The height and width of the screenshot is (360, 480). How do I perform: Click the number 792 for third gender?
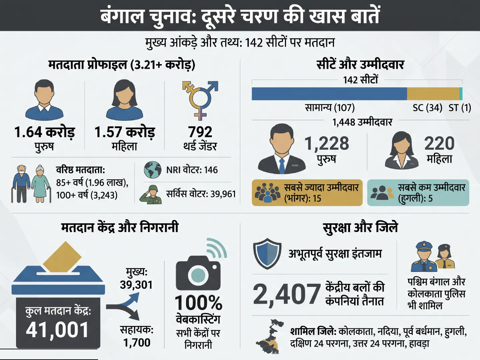click(x=200, y=132)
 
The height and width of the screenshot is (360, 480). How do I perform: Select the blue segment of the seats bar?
click(x=329, y=94)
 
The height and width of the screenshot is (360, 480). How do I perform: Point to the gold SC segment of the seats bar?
click(x=433, y=94)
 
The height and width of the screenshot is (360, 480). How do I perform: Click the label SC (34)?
click(x=427, y=108)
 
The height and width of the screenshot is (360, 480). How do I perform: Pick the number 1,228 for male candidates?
click(x=327, y=144)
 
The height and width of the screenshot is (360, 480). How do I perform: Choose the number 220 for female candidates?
click(x=439, y=144)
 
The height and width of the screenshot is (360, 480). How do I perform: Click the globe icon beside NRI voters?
click(x=153, y=170)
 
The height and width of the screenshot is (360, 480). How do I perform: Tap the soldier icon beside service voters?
click(x=151, y=194)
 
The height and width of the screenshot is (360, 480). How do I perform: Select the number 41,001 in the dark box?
click(x=57, y=330)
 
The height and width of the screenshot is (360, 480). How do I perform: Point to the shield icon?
click(x=267, y=254)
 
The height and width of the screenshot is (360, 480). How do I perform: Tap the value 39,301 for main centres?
click(x=136, y=285)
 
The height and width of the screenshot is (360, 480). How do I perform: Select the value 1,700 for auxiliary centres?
click(x=137, y=343)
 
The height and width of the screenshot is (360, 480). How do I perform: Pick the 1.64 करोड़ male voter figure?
click(x=44, y=132)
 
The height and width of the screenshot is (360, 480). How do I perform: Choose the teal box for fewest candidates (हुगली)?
click(x=418, y=193)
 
